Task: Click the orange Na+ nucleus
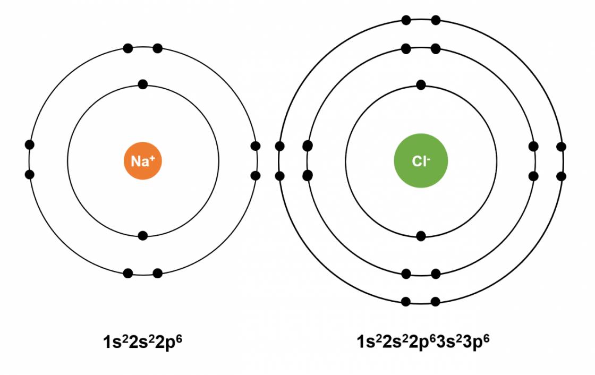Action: click(143, 160)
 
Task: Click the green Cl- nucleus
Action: click(421, 160)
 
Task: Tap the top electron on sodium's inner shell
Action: click(143, 84)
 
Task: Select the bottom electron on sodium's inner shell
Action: click(143, 236)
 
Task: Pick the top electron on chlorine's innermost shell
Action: click(421, 84)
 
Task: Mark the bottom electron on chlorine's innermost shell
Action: click(421, 236)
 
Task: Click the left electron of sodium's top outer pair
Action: click(128, 48)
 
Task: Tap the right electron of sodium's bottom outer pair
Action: click(157, 273)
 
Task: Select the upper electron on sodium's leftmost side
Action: click(29, 144)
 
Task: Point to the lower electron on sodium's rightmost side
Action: click(256, 176)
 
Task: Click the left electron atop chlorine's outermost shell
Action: click(406, 20)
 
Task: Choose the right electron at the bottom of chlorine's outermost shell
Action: click(436, 302)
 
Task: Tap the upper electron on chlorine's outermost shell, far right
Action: click(561, 147)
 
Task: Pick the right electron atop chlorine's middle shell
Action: click(436, 48)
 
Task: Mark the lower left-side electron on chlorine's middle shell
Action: click(308, 175)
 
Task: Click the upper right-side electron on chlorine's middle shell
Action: click(533, 146)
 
